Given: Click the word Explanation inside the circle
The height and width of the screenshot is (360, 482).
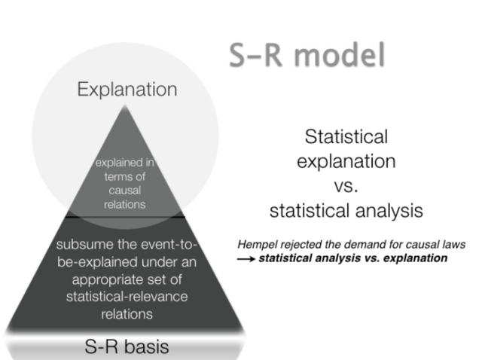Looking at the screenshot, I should pos(127,90).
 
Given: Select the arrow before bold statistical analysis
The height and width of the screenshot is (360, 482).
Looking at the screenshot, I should pos(246,258).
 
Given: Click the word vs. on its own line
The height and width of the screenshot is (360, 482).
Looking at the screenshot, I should pos(346,187).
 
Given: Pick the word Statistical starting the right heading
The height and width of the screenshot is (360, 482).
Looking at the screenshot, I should pos(346,137).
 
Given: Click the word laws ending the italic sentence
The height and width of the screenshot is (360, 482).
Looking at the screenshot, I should pos(452,245).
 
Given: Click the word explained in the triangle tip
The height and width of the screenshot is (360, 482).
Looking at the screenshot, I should pos(115,164).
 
